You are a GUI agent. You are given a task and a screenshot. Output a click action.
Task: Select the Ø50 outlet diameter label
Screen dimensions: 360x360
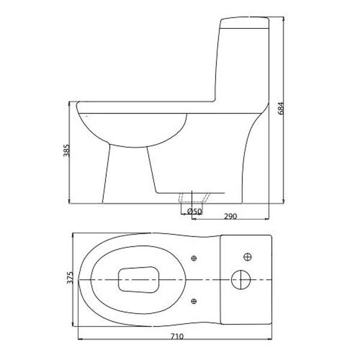(x=194, y=211)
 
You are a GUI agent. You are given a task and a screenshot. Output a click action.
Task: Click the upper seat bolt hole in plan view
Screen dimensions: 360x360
(x=193, y=259)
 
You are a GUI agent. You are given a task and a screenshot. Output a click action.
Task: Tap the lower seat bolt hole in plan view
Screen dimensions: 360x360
(x=193, y=300)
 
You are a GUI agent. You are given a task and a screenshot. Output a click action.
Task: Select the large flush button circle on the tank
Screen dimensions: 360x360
(x=241, y=280)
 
